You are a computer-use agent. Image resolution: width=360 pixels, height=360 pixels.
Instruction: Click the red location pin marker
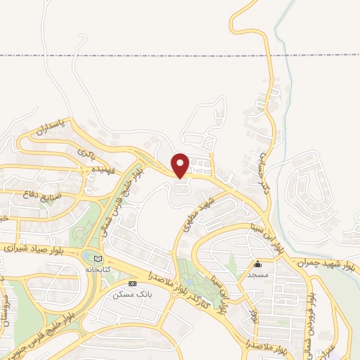coord(181,165)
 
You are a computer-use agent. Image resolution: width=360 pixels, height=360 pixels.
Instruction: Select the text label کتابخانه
coord(98,269)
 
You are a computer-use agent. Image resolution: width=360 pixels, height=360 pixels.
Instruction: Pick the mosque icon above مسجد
coord(258,264)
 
